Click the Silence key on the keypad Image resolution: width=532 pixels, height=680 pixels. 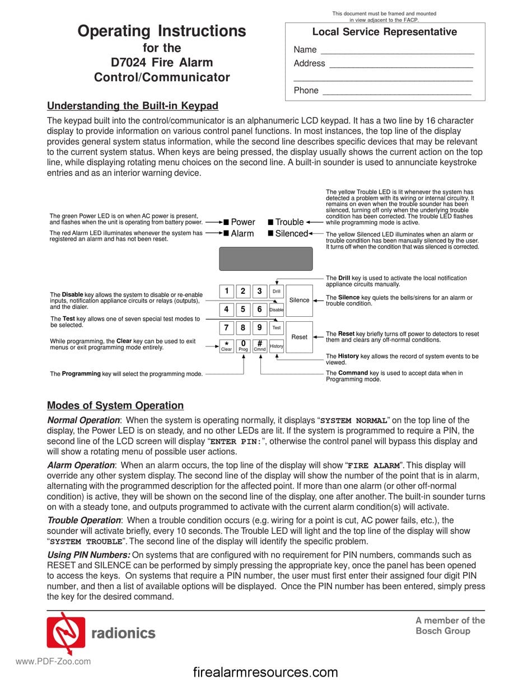click(x=299, y=301)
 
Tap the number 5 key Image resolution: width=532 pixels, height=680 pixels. click(x=243, y=309)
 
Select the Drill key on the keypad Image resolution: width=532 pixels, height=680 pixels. click(x=276, y=291)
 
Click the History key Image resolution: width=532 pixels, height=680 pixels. click(x=277, y=346)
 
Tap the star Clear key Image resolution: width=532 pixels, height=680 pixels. click(x=226, y=346)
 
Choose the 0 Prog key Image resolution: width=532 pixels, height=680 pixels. click(x=243, y=346)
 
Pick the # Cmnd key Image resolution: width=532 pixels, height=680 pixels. click(x=260, y=346)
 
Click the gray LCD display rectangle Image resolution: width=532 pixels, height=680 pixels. click(x=265, y=259)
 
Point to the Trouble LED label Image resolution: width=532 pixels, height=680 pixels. click(x=289, y=222)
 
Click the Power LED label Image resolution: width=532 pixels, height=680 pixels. click(x=242, y=222)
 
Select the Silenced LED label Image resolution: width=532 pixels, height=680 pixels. click(x=291, y=233)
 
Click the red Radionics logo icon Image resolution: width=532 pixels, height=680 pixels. click(x=66, y=632)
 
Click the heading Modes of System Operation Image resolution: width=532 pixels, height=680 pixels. click(x=115, y=406)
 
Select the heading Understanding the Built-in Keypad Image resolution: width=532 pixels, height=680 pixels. click(x=133, y=106)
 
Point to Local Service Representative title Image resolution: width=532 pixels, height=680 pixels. click(x=384, y=32)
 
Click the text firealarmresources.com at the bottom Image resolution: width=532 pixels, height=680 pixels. click(x=265, y=672)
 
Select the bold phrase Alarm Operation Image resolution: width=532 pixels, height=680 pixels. click(x=81, y=465)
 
